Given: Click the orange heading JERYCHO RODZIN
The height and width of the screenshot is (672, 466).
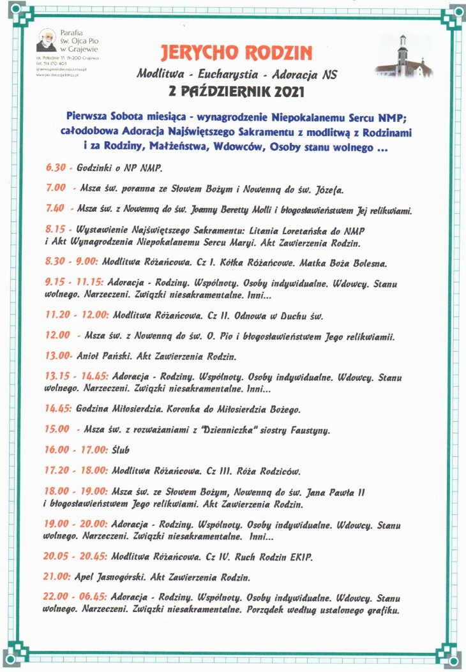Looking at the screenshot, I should pyautogui.click(x=236, y=52).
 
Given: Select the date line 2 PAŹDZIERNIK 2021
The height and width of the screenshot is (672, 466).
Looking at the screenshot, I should pyautogui.click(x=236, y=91).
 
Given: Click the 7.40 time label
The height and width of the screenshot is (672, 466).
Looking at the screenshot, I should pyautogui.click(x=55, y=209).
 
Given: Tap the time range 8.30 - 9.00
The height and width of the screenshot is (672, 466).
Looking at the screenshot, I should pyautogui.click(x=71, y=262).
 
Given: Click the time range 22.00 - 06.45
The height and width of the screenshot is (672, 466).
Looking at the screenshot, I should pyautogui.click(x=76, y=599).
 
